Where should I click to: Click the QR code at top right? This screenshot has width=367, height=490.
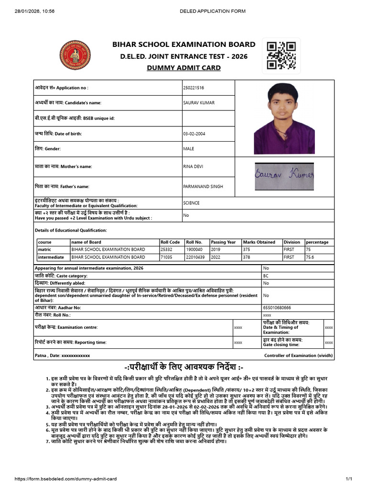(281, 56)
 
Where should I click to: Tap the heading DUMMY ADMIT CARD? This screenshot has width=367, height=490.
(183, 68)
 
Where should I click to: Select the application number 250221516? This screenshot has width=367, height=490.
(194, 88)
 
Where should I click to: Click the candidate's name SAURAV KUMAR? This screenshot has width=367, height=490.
(199, 103)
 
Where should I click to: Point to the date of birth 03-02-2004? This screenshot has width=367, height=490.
(194, 134)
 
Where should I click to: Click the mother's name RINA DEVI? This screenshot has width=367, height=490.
(194, 167)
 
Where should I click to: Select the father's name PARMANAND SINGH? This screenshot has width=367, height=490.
(203, 187)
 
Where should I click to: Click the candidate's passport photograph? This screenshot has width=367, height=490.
(284, 119)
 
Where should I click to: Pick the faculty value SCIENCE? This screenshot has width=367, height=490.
(191, 203)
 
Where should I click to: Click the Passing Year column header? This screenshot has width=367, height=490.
(223, 242)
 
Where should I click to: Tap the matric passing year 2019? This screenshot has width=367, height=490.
(216, 250)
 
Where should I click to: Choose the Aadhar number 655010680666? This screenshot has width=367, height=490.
(277, 308)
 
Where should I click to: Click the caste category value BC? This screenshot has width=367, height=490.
(266, 276)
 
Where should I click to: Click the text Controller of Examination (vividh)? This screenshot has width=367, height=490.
(298, 356)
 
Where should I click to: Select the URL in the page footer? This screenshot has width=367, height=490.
(66, 479)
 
